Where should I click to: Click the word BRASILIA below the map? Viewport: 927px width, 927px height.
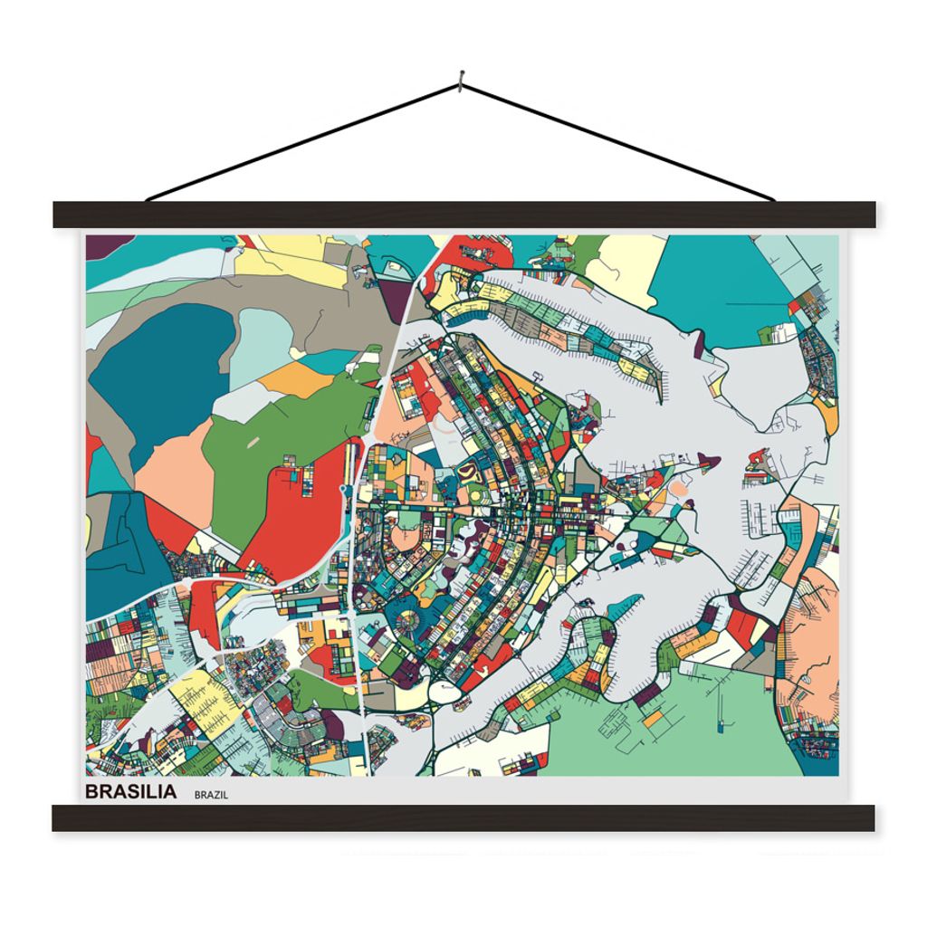(131, 792)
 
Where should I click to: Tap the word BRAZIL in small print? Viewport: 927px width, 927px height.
(210, 794)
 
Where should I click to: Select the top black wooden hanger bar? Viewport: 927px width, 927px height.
(463, 215)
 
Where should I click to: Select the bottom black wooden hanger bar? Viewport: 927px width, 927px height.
(463, 817)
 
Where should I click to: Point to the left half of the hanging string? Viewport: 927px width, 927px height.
(303, 142)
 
